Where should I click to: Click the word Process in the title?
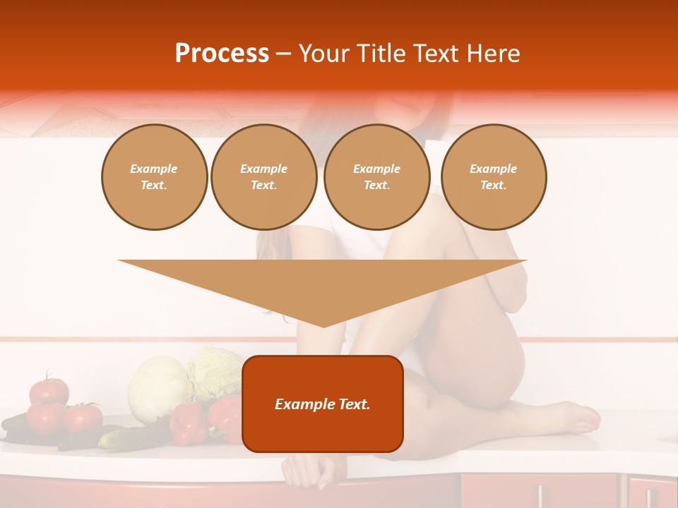[x=222, y=54]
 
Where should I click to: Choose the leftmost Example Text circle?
[x=154, y=177]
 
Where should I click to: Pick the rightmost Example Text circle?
[x=493, y=177]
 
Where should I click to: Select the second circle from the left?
[x=263, y=177]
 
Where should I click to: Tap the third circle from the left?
[x=376, y=177]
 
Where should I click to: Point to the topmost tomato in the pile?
[x=49, y=390]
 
